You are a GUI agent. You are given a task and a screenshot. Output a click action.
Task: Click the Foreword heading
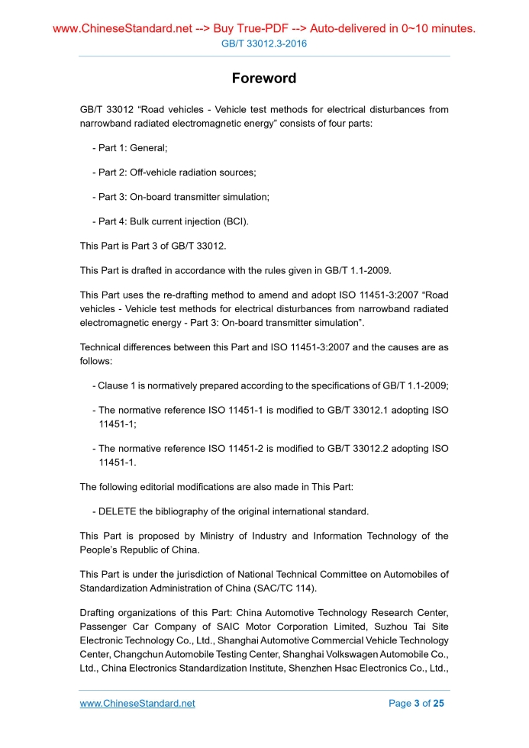(x=264, y=79)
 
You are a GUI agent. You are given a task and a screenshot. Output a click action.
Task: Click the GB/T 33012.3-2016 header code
(x=264, y=44)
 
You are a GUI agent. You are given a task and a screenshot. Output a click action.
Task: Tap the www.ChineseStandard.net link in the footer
(x=137, y=704)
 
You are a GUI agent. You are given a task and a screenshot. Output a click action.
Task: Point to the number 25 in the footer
(x=437, y=704)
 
